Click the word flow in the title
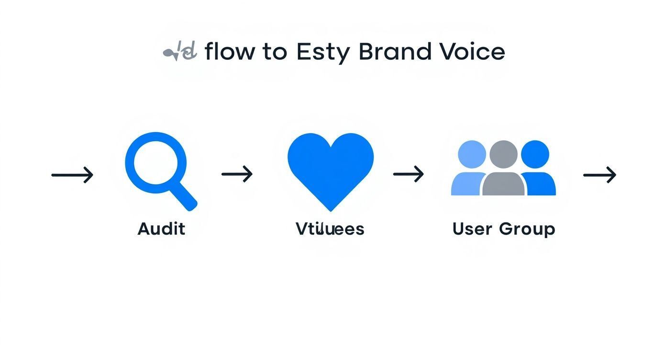pyautogui.click(x=229, y=51)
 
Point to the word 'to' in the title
pyautogui.click(x=275, y=52)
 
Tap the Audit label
pyautogui.click(x=161, y=229)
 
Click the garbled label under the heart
pyautogui.click(x=330, y=229)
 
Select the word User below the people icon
pyautogui.click(x=472, y=229)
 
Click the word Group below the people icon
pyautogui.click(x=527, y=229)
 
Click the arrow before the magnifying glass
pyautogui.click(x=72, y=175)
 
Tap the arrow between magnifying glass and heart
pyautogui.click(x=237, y=174)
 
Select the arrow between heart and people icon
pyautogui.click(x=409, y=174)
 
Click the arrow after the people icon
pyautogui.click(x=599, y=175)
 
